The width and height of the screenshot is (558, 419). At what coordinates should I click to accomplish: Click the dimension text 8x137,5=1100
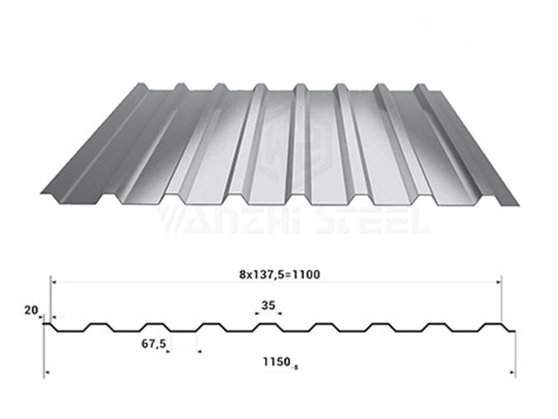(x=280, y=274)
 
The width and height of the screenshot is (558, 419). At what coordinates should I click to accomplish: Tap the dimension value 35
(x=269, y=305)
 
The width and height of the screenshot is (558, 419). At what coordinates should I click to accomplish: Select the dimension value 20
(x=31, y=310)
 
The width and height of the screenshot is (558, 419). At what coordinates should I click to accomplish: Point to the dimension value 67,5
(x=153, y=344)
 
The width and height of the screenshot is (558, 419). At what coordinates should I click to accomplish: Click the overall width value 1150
(x=276, y=362)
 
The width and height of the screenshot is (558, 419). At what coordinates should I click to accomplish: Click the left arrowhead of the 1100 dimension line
(x=54, y=282)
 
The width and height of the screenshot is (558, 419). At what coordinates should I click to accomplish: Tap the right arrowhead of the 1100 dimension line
(x=499, y=282)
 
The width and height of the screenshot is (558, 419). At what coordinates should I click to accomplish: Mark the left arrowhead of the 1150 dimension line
(x=46, y=373)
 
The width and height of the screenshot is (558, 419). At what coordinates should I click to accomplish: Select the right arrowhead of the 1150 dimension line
(x=513, y=373)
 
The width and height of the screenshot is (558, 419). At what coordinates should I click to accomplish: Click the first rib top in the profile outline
(x=98, y=324)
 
